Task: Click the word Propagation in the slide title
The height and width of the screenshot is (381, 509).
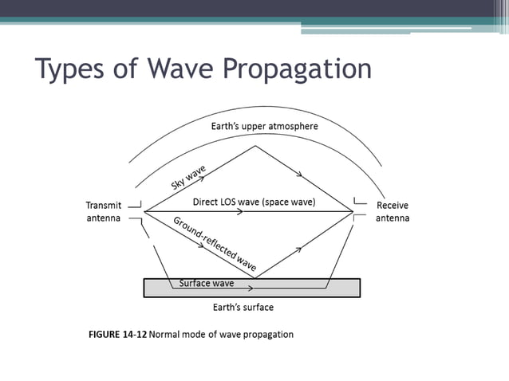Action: [x=297, y=70]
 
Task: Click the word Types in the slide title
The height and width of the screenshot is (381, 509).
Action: [x=72, y=70]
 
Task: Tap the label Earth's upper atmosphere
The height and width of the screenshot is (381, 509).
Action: [x=264, y=126]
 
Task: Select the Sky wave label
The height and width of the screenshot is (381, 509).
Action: [x=188, y=177]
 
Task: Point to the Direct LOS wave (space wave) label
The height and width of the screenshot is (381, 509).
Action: [x=254, y=202]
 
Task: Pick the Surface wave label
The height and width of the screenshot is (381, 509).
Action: [x=206, y=283]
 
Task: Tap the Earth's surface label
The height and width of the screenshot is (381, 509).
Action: [x=243, y=307]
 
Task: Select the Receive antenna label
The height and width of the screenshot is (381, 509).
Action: [x=393, y=211]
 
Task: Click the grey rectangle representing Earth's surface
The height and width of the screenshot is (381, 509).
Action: [x=319, y=288]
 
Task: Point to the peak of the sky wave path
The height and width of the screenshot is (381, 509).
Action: [x=255, y=146]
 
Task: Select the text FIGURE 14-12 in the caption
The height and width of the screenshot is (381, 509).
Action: [x=117, y=334]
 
